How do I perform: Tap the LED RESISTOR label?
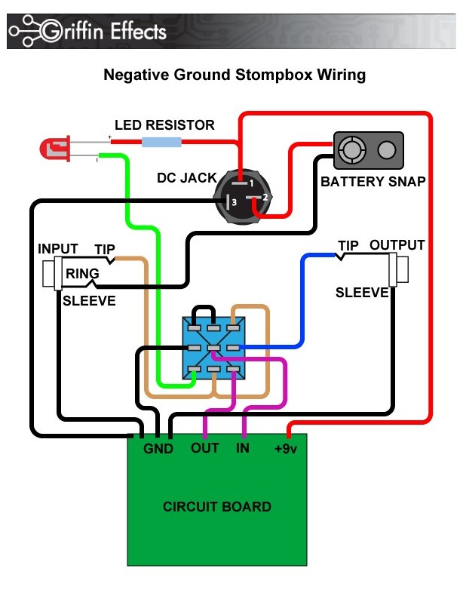pyautogui.click(x=164, y=124)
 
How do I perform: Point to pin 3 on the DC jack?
pyautogui.click(x=231, y=202)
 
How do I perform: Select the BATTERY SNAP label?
pyautogui.click(x=373, y=182)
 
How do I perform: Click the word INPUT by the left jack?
pyautogui.click(x=58, y=249)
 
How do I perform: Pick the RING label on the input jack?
pyautogui.click(x=77, y=274)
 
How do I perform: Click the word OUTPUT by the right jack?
pyautogui.click(x=397, y=245)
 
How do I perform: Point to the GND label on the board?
pyautogui.click(x=159, y=449)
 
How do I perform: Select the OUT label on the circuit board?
pyautogui.click(x=204, y=448)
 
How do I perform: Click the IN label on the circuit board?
pyautogui.click(x=243, y=448)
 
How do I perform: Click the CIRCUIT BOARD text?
pyautogui.click(x=217, y=506)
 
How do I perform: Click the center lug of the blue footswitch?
pyautogui.click(x=214, y=348)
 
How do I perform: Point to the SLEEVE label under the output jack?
pyautogui.click(x=362, y=292)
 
